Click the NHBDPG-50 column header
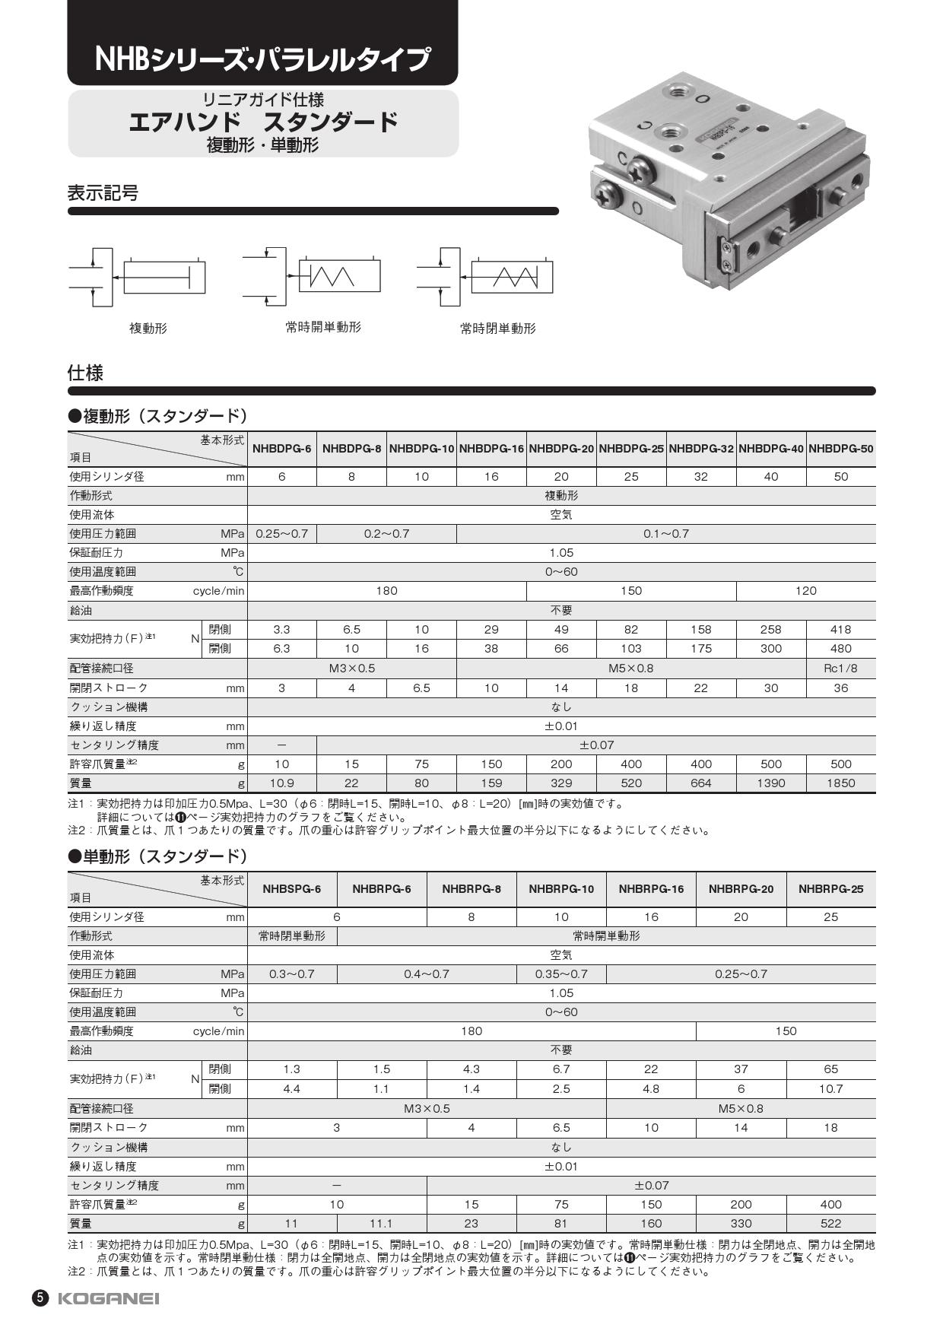(840, 449)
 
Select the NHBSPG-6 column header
(292, 889)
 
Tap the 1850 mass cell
(840, 783)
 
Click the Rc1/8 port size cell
(840, 669)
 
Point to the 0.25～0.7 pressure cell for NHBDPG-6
(281, 534)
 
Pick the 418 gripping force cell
(840, 630)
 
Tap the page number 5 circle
(40, 1298)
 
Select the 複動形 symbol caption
(148, 329)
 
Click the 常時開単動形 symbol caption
(323, 327)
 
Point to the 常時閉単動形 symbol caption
(498, 329)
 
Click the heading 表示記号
(103, 193)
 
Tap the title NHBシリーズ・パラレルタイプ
(262, 59)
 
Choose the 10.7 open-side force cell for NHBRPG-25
(830, 1089)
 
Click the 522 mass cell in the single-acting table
(830, 1224)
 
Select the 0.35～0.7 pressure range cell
(561, 974)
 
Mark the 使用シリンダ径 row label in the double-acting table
(107, 477)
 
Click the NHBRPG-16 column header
(651, 889)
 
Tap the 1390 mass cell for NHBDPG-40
(771, 783)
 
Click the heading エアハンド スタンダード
(263, 122)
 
